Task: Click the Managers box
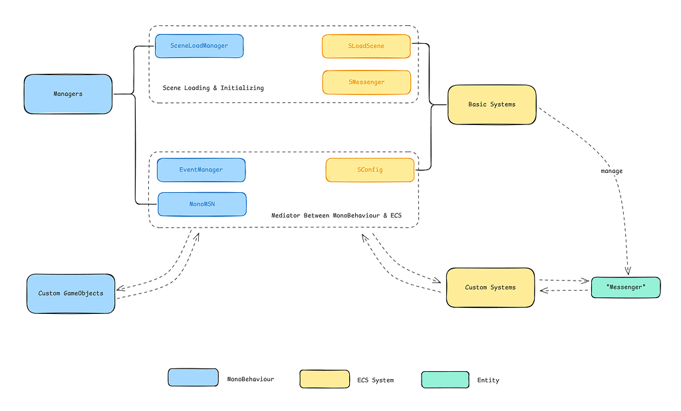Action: [68, 94]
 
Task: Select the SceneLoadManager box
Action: [199, 46]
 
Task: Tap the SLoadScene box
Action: [366, 47]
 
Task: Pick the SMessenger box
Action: [366, 82]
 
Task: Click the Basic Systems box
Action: [491, 104]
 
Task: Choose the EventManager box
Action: [201, 170]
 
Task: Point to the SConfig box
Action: [370, 170]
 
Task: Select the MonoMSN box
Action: [202, 204]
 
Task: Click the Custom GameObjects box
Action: [70, 293]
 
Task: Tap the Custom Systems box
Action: [490, 287]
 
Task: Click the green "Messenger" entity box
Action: [626, 287]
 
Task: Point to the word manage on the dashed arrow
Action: [612, 171]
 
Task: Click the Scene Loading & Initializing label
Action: [213, 88]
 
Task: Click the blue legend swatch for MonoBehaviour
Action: [193, 378]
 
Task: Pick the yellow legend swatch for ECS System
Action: [325, 379]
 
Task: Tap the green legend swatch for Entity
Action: [445, 379]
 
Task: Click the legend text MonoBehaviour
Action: [250, 378]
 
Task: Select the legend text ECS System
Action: [375, 380]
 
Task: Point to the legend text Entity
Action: [487, 380]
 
